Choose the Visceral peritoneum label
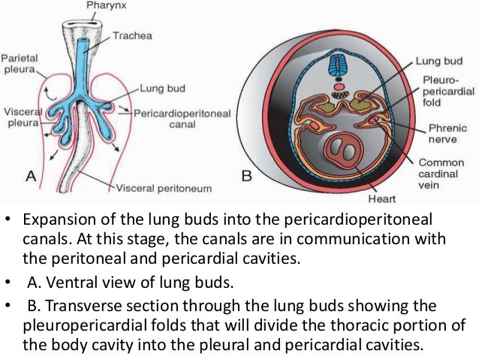tap(165, 187)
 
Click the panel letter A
tap(32, 177)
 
